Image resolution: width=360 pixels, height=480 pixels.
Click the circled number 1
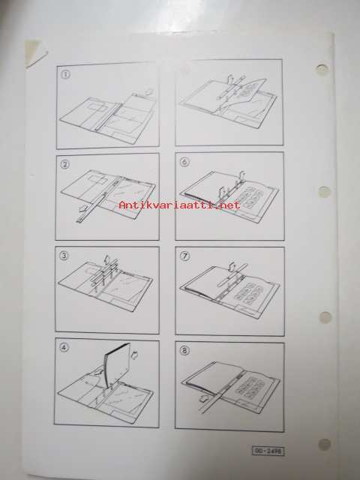pos(65,74)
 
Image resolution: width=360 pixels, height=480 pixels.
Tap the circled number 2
pos(65,164)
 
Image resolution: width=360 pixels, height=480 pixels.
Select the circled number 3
pos(63,255)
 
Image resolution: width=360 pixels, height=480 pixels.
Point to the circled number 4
pos(64,347)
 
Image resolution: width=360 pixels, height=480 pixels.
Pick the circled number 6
pos(184,162)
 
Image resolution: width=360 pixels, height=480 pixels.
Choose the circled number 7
pos(185,256)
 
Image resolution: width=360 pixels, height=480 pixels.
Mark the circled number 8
pos(184,350)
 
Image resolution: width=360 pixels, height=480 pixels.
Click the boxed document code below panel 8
pos(268,451)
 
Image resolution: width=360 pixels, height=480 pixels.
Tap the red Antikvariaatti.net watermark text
pos(180,205)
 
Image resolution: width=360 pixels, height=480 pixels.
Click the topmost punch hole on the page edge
pos(322,69)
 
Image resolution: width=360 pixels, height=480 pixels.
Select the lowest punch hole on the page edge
pos(324,445)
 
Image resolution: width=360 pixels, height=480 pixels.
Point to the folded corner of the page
pos(34,52)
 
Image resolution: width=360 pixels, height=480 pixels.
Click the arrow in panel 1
pos(148,91)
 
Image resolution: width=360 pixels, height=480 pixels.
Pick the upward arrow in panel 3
pos(107,259)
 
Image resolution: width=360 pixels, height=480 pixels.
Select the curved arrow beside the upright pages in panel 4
pos(134,355)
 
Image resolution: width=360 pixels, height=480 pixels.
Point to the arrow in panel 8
pos(204,398)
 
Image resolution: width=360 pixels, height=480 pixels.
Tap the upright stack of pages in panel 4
pos(118,365)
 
